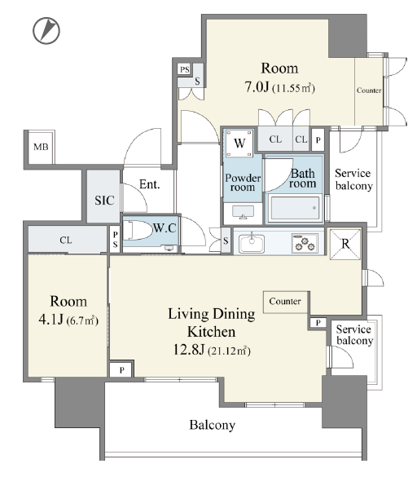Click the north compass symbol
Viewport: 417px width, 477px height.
[x=46, y=30]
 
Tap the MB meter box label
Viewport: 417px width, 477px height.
[x=41, y=148]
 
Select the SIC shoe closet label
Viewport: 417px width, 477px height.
[x=104, y=200]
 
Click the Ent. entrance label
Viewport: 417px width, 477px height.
[x=150, y=184]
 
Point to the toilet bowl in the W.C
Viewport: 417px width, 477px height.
[x=138, y=231]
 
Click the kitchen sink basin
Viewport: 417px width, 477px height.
[x=252, y=243]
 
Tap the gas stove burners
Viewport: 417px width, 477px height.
[x=305, y=243]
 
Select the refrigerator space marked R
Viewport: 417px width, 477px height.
[x=345, y=244]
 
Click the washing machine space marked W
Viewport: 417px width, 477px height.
[x=239, y=143]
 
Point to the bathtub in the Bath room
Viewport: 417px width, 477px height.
[x=295, y=209]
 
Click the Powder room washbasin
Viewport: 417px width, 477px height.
[x=244, y=211]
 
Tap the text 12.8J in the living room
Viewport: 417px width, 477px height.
[x=189, y=350]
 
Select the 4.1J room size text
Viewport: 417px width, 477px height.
[x=50, y=320]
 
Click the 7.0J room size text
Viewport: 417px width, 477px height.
[x=257, y=86]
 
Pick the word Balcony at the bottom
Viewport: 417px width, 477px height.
[x=212, y=425]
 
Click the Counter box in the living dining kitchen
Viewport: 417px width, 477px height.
[x=285, y=302]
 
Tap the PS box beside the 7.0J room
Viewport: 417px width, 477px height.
[x=185, y=69]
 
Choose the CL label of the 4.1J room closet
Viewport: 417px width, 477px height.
[x=66, y=240]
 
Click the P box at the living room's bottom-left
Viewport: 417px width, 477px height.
[x=121, y=369]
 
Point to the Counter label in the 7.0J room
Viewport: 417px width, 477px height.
[x=369, y=91]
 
